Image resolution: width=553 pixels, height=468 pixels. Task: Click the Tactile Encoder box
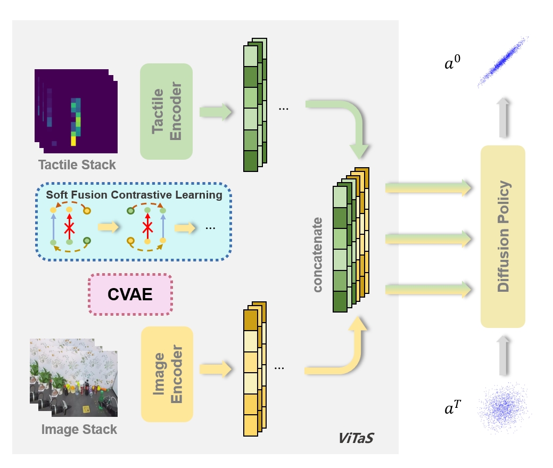click(166, 111)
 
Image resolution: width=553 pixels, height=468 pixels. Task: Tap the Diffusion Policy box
click(502, 236)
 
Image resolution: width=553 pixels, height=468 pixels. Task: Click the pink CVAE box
click(130, 294)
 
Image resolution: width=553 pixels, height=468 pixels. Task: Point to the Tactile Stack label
click(77, 165)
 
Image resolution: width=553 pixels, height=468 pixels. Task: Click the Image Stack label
click(79, 430)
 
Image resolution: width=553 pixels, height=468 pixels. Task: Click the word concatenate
click(318, 254)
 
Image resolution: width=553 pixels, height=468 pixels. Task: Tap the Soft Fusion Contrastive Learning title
click(134, 195)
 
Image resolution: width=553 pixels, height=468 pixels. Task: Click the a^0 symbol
click(453, 65)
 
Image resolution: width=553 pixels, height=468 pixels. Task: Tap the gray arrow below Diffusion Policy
click(503, 354)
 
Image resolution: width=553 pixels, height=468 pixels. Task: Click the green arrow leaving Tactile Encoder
click(216, 112)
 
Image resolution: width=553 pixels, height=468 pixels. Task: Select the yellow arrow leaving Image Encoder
click(216, 368)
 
